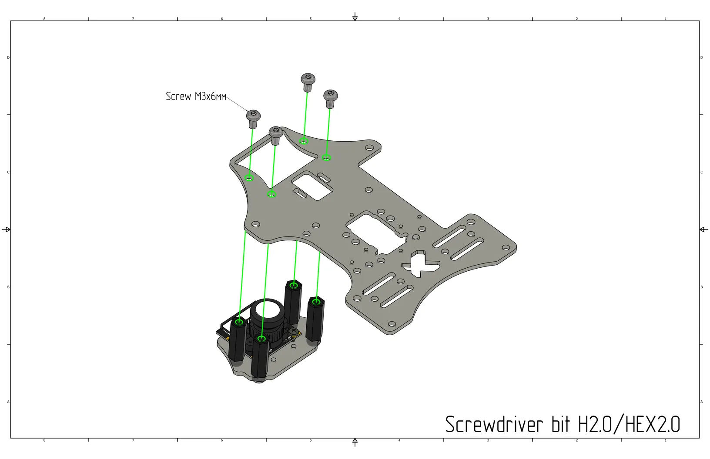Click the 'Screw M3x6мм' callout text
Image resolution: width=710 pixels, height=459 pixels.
coord(196,96)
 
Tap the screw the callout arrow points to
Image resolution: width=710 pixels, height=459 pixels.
coord(253,119)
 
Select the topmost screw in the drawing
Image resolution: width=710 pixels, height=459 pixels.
coord(308,82)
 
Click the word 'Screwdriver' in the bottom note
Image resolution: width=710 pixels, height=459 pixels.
coord(494,424)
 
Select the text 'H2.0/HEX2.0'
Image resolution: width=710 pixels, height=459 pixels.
coord(629,424)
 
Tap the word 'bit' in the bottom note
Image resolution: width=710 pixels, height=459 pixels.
coord(561,424)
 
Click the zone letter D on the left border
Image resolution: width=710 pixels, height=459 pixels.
coord(8,58)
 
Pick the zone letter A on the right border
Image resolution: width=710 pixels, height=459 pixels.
coord(701,402)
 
